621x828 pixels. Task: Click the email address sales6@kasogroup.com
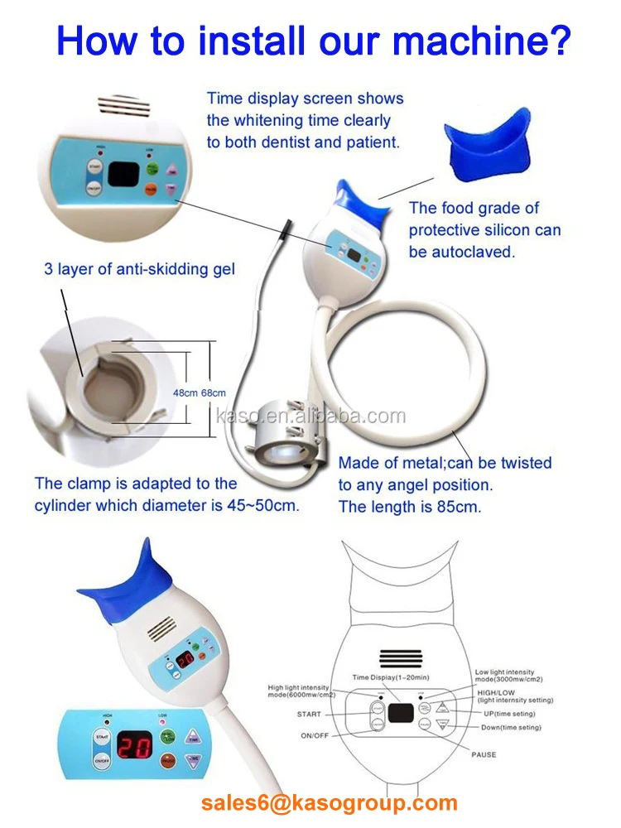[329, 802]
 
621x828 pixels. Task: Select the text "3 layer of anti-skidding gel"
[139, 268]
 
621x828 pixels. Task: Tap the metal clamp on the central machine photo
[287, 431]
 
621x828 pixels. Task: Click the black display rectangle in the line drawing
[403, 711]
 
